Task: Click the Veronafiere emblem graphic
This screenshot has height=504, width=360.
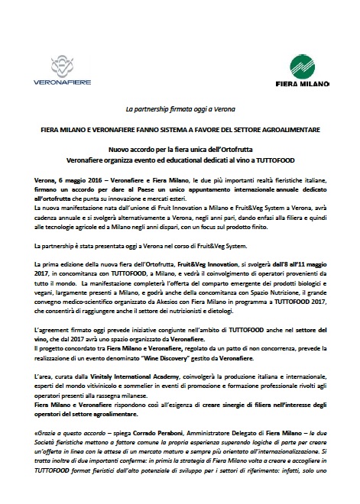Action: point(66,64)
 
